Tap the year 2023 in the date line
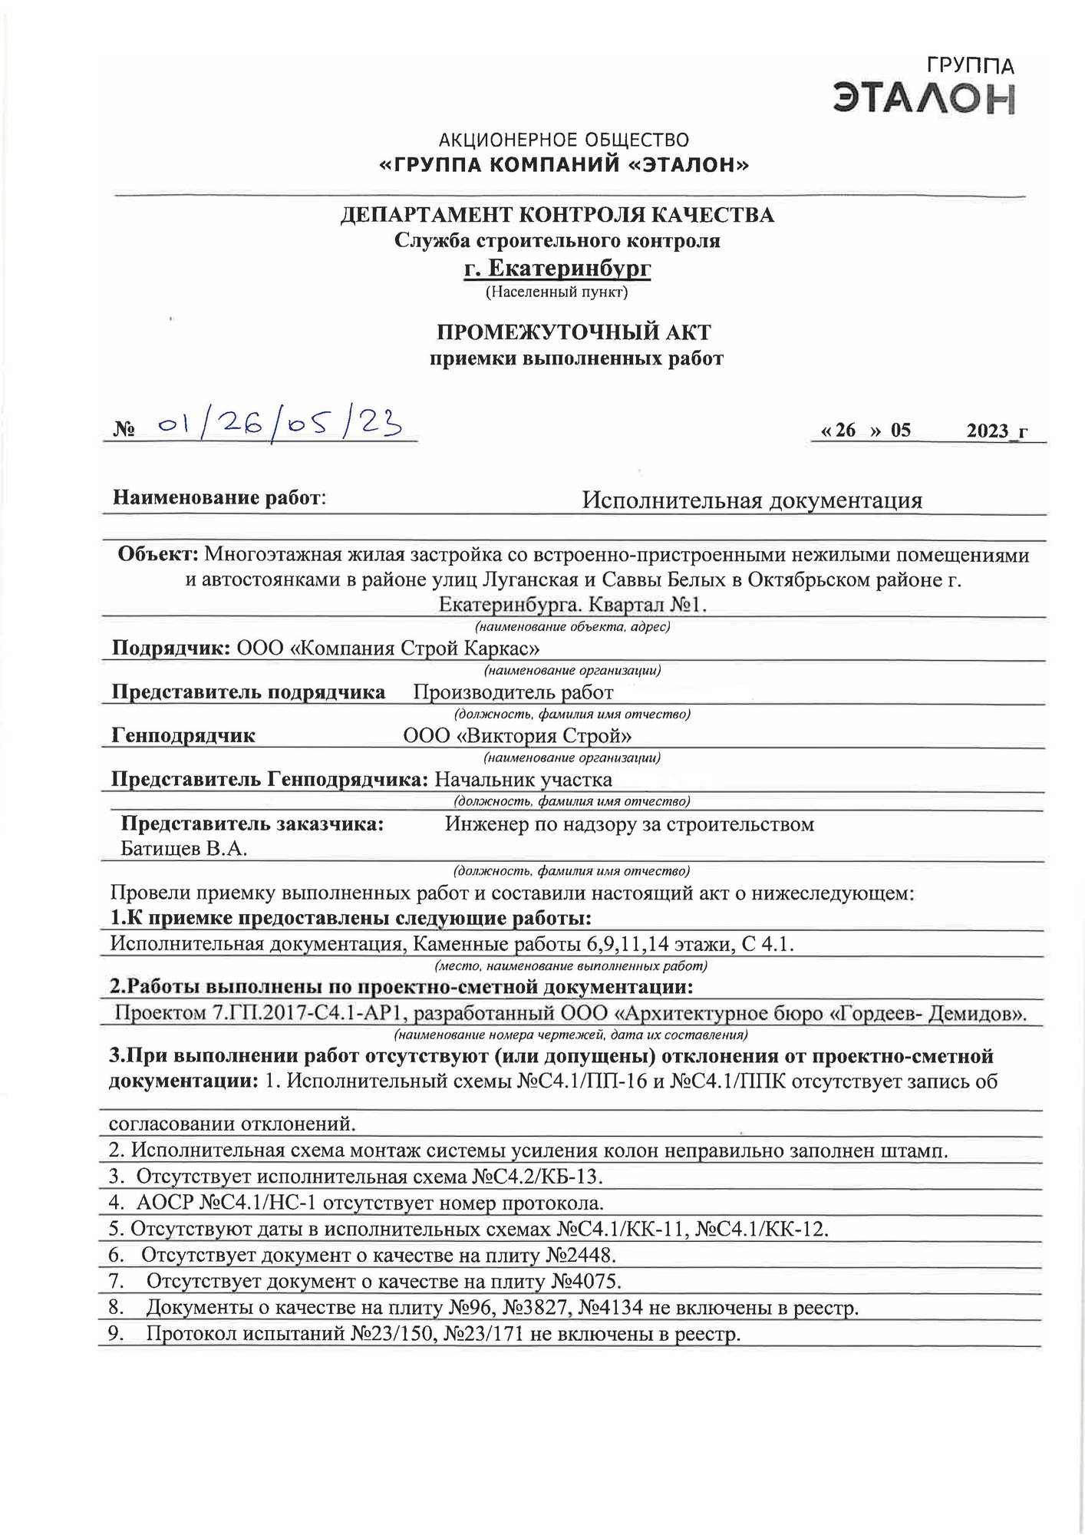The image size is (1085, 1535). point(988,431)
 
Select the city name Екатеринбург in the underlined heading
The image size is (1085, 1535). point(558,269)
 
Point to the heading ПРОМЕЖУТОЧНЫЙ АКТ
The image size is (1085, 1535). point(574,332)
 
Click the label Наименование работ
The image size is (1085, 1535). point(219,498)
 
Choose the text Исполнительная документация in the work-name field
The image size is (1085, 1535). point(751,501)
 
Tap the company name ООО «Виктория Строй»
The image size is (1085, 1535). point(518,736)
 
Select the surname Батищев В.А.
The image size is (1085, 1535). point(184,849)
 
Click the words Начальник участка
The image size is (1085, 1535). point(523,781)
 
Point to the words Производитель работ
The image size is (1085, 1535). point(513,693)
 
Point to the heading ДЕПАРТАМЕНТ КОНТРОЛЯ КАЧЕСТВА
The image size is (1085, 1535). point(557,215)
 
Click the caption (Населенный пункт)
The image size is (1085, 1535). point(557,292)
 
